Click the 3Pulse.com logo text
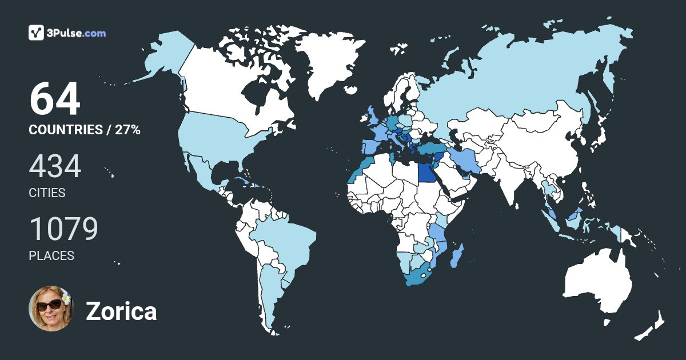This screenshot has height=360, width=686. tap(77, 33)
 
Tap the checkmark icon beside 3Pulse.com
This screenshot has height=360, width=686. tap(37, 33)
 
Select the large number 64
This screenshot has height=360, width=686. tap(54, 99)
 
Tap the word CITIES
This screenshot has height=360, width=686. tap(47, 193)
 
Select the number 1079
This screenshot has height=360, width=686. tap(63, 230)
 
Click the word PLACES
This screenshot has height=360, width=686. tap(51, 255)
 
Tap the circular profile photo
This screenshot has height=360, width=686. tap(51, 309)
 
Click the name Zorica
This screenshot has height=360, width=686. tap(121, 311)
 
